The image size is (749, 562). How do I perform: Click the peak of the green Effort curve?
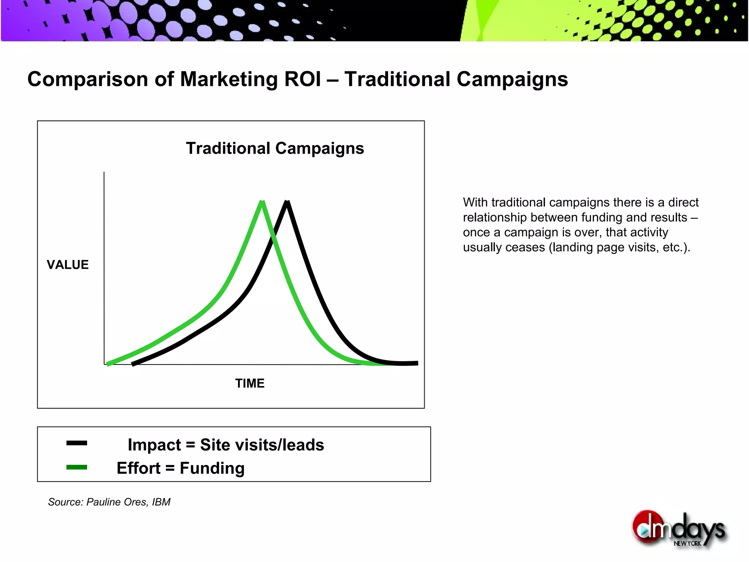coord(262,202)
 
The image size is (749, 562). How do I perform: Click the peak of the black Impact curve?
coord(287,202)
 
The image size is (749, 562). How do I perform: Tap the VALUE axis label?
coord(68,265)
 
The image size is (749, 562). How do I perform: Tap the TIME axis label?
coord(250,383)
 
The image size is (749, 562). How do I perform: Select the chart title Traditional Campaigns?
coord(275,148)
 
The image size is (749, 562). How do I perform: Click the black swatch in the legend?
coord(77,443)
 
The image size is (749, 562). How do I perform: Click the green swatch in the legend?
coord(77,467)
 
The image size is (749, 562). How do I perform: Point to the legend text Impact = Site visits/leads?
coord(226,445)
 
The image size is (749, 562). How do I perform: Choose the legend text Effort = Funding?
coord(181,468)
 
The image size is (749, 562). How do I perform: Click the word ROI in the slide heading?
coord(302,79)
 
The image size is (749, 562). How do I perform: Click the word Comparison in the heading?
coord(88,79)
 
